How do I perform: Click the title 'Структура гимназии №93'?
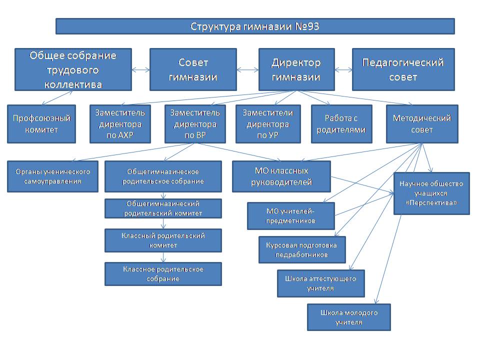(x=255, y=26)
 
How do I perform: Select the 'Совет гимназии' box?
(x=192, y=69)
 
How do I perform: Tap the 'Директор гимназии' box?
(x=296, y=69)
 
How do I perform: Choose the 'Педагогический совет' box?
(x=403, y=69)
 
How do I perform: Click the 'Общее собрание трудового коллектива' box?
(x=73, y=69)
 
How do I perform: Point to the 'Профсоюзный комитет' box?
(x=41, y=124)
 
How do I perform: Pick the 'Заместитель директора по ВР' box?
(x=193, y=124)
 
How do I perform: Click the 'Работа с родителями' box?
(x=341, y=124)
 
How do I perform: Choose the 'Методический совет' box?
(x=422, y=124)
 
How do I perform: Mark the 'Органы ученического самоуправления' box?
(x=52, y=176)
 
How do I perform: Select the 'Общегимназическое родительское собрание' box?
(x=163, y=176)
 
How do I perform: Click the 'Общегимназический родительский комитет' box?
(x=163, y=208)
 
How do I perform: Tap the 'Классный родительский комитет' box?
(x=163, y=240)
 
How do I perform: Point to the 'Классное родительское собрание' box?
(x=163, y=274)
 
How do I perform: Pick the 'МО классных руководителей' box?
(x=281, y=176)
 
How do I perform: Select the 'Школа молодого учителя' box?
(x=348, y=317)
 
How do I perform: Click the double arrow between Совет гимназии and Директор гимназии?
(x=247, y=70)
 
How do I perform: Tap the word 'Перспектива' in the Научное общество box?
(x=431, y=202)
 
